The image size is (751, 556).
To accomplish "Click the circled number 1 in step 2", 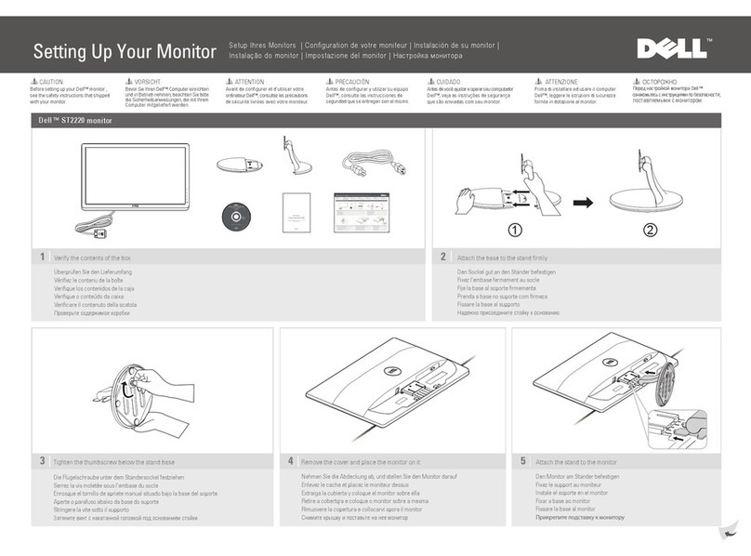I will [515, 230].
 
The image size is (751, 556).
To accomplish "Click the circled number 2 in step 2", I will [649, 230].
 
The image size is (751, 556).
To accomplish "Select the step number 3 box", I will [42, 461].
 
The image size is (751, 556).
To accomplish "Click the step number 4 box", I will [291, 461].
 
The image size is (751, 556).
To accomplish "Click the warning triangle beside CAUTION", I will [34, 82].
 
